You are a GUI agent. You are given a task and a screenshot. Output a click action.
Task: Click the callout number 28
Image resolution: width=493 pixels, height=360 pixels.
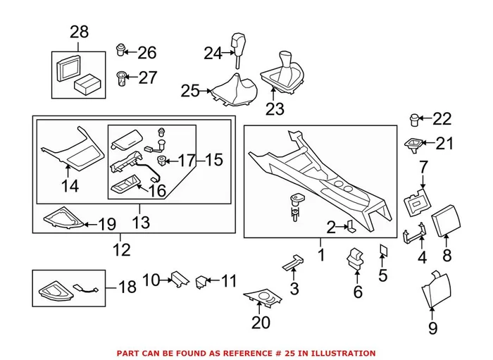pyautogui.click(x=79, y=32)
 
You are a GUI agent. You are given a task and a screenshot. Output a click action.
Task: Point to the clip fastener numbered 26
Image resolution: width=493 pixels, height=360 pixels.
pyautogui.click(x=121, y=50)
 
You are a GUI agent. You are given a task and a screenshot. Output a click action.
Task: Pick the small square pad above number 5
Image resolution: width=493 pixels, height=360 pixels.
pyautogui.click(x=383, y=249)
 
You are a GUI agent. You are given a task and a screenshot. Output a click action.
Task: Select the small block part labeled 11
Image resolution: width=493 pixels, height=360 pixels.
pyautogui.click(x=203, y=282)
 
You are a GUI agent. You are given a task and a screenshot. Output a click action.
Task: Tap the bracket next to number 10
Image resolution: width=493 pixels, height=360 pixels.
pyautogui.click(x=177, y=280)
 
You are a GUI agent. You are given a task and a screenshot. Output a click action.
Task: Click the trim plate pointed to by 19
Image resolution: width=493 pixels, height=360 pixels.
pyautogui.click(x=63, y=221)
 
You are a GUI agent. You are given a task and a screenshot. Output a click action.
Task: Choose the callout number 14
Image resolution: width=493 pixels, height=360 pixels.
pyautogui.click(x=70, y=187)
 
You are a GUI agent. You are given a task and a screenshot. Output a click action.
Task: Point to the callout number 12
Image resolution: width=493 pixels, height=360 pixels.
pyautogui.click(x=121, y=250)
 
